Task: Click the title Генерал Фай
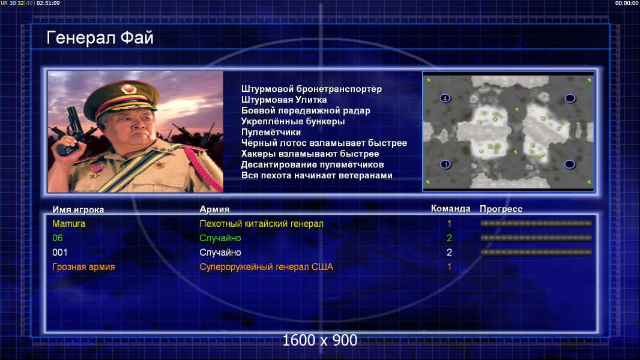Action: (x=100, y=38)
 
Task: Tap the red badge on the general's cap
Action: (x=128, y=88)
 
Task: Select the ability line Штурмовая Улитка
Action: (x=283, y=100)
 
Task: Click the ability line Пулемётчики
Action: (x=271, y=133)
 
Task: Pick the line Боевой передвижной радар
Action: (x=306, y=111)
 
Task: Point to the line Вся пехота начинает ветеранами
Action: (x=317, y=176)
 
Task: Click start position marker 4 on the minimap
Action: (x=445, y=98)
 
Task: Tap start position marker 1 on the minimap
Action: (x=445, y=164)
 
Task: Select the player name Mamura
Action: (x=68, y=224)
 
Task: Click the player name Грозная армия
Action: (x=83, y=267)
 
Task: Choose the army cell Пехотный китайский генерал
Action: (x=261, y=224)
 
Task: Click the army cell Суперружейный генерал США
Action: (x=266, y=267)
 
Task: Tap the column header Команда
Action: (x=450, y=209)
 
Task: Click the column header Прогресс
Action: (x=501, y=209)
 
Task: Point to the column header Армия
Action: (x=214, y=209)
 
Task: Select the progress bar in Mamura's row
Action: (x=536, y=223)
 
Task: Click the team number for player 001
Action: (x=449, y=253)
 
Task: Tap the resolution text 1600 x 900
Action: (x=320, y=340)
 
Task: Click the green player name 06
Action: (x=58, y=238)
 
